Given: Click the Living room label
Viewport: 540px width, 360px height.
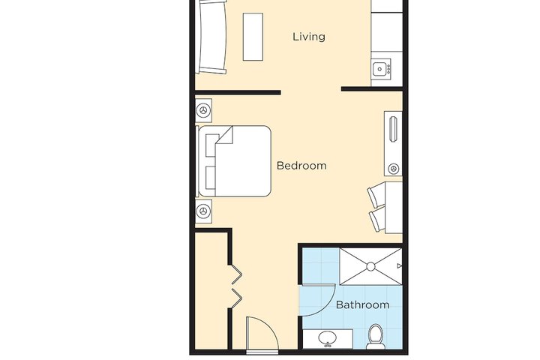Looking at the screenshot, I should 308,36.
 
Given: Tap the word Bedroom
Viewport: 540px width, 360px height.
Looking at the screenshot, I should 301,166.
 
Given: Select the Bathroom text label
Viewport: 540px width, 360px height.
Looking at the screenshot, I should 362,305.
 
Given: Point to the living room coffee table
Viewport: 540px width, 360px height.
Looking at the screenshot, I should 253,37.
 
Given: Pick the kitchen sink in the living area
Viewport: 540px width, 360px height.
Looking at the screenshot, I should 381,70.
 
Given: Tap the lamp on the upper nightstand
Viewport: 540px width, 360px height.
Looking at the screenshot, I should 203,110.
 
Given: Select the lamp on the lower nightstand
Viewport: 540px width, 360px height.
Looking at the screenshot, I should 203,212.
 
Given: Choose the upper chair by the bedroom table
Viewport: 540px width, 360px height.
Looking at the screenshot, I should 376,196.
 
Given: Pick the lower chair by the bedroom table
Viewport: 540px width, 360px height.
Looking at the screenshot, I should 378,219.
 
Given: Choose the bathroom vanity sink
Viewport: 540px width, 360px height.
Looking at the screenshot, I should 328,339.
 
